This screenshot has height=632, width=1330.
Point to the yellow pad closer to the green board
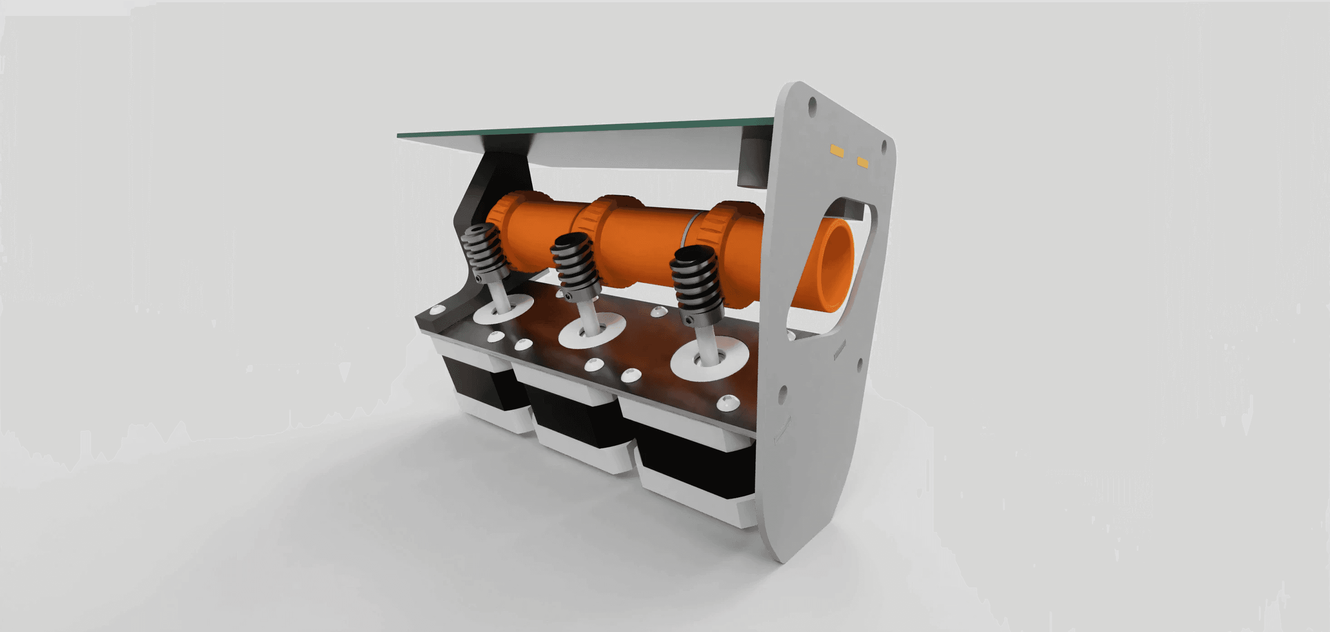coord(837,151)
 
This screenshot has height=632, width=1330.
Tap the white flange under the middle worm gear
coord(592,333)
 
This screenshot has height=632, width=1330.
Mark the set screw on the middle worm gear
coord(568,297)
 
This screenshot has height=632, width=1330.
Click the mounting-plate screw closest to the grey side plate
coord(728,401)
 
